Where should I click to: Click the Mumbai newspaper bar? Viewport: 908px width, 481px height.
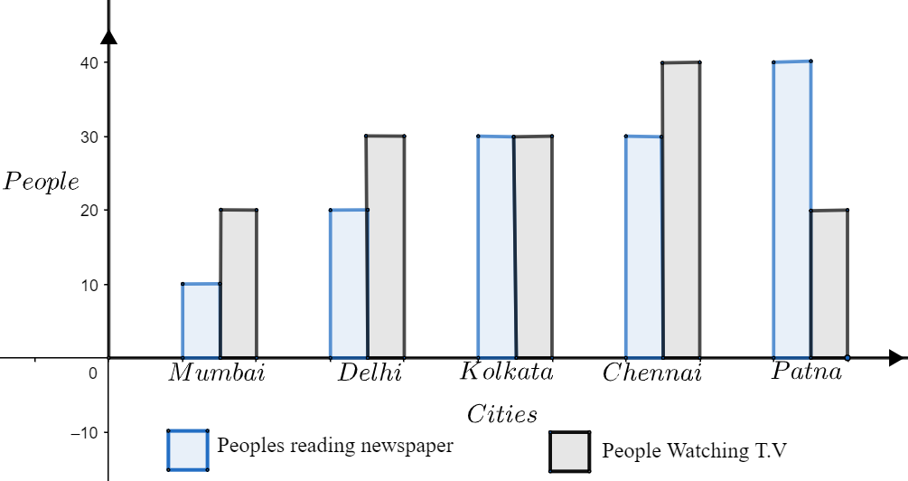(201, 321)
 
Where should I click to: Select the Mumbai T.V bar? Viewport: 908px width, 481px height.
(239, 284)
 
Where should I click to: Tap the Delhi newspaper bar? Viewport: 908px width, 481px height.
(349, 284)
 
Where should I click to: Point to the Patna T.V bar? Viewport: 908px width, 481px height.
(829, 284)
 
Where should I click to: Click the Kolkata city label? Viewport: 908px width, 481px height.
(506, 372)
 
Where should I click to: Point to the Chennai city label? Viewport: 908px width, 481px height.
(651, 373)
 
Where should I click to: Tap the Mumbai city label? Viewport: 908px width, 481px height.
(217, 373)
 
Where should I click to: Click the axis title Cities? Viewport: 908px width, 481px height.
(501, 415)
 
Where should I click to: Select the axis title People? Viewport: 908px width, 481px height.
(42, 182)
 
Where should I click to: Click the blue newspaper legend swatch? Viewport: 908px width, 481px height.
(187, 450)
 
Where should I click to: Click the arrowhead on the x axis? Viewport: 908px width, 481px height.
(895, 358)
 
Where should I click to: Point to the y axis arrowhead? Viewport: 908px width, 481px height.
(109, 36)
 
